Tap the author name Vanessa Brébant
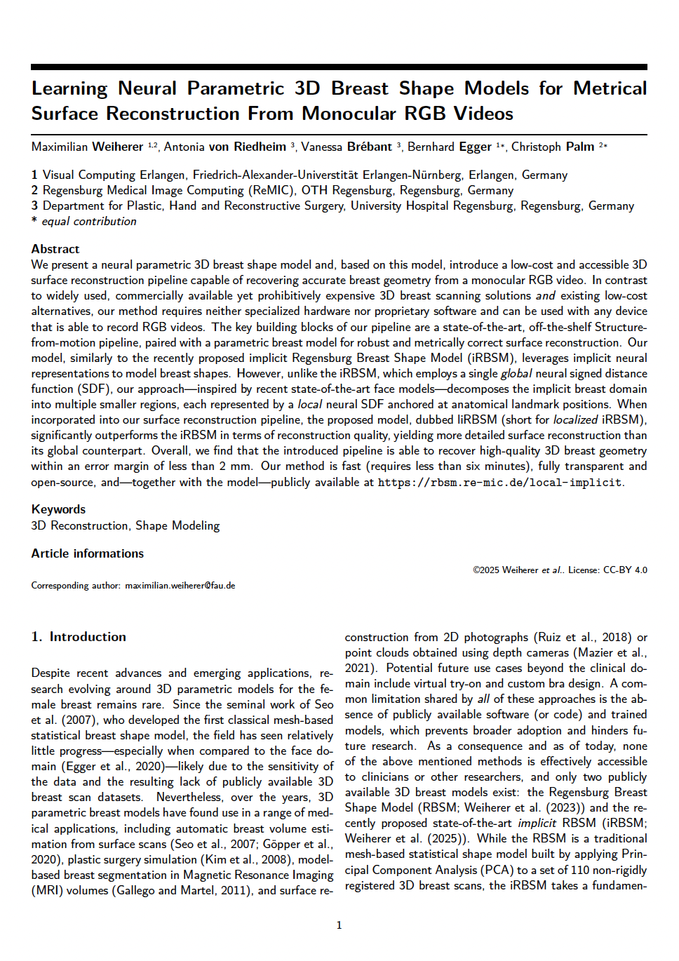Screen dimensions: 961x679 point(347,147)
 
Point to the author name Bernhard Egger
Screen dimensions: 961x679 point(449,147)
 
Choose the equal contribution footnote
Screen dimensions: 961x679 point(88,221)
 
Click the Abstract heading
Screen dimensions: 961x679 point(55,249)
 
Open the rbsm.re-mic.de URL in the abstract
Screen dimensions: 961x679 point(500,483)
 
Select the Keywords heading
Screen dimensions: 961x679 point(58,509)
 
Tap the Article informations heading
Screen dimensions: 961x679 point(87,553)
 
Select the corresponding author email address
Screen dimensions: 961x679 point(180,586)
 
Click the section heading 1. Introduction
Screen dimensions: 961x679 point(79,637)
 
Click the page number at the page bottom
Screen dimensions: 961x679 point(339,925)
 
